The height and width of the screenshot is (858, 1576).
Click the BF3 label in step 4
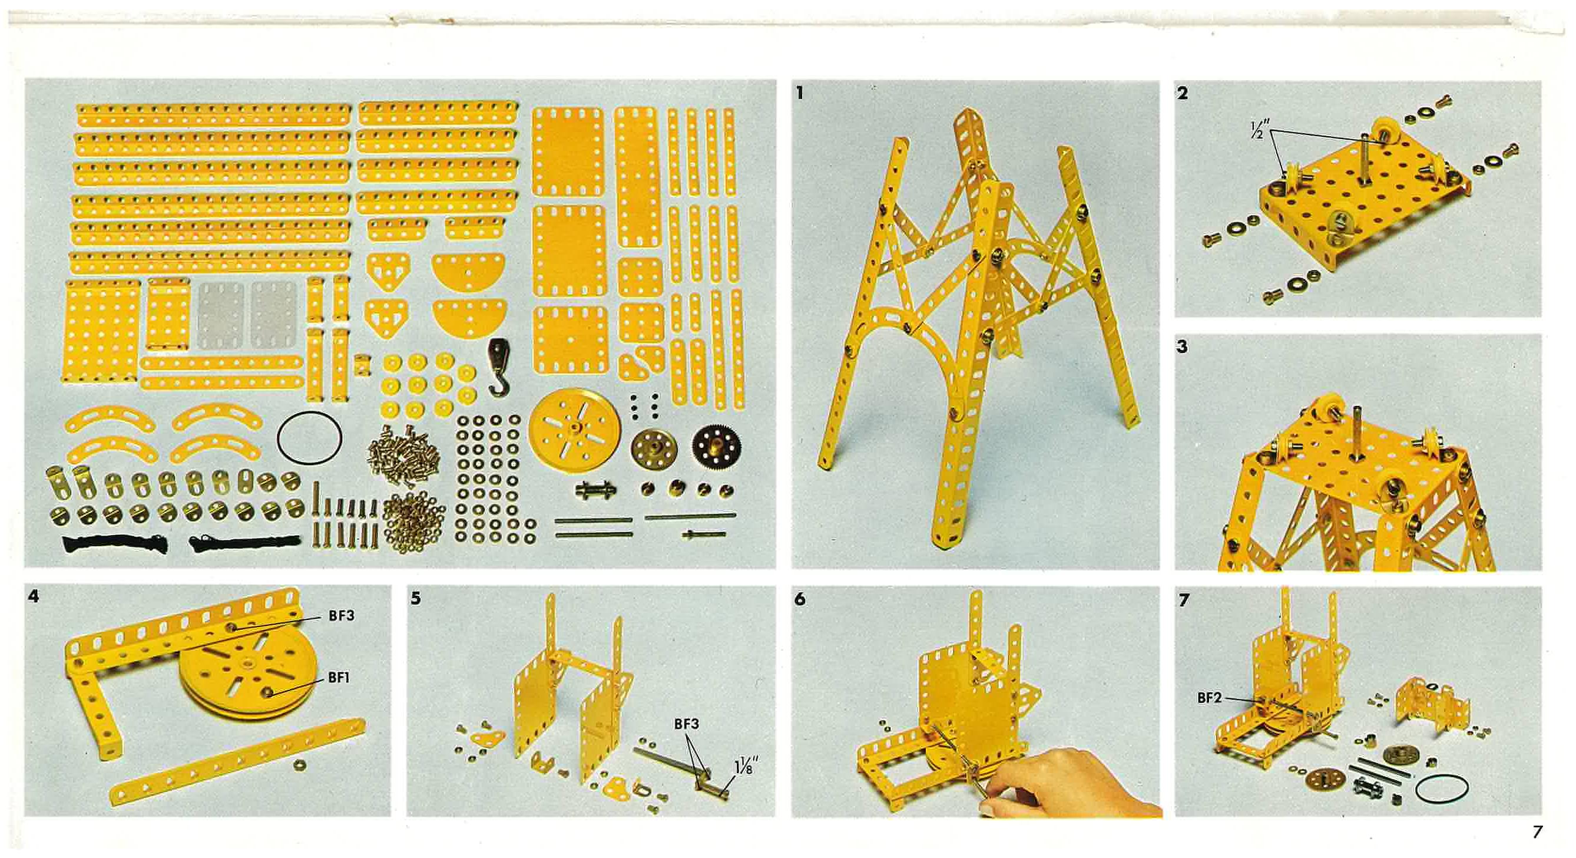341,616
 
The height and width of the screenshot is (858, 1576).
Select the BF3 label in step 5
686,724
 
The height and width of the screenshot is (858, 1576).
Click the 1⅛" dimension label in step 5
744,765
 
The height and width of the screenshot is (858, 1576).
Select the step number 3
1182,347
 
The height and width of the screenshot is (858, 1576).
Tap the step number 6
800,600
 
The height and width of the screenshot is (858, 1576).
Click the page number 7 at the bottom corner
1537,832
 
